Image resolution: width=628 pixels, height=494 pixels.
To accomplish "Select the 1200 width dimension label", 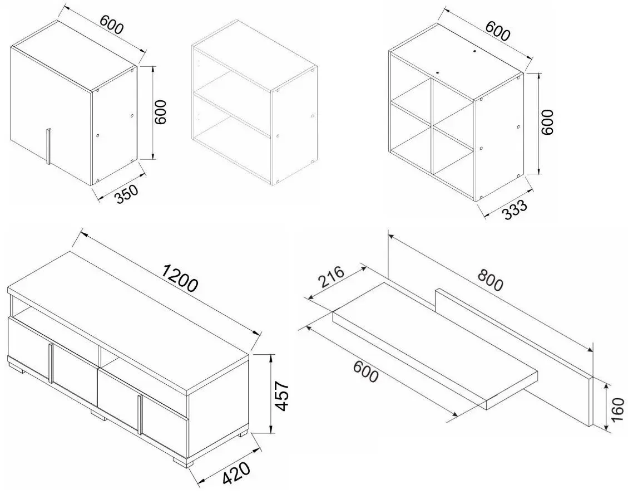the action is coord(180,278).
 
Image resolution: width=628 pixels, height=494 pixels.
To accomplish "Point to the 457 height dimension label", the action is coord(283,396).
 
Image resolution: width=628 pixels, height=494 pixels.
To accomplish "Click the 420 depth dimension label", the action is coord(236,473).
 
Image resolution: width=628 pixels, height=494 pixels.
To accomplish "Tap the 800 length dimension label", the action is coord(489,280).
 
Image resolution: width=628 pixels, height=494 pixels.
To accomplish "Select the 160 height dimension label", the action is coord(618,409).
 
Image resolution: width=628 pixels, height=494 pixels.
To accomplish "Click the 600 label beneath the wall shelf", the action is coord(365,371).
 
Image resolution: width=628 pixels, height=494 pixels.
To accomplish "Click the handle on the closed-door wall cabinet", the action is coord(48,146).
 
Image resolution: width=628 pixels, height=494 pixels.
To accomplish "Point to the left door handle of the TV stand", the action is coord(51,364).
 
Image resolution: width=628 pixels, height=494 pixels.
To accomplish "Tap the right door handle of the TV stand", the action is coord(140,414).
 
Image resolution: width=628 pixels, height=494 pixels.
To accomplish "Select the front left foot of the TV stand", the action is coord(17,367).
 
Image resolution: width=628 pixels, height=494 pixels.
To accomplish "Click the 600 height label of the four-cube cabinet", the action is coord(547,122).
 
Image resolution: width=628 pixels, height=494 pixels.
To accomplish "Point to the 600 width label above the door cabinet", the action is coord(112,25).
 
